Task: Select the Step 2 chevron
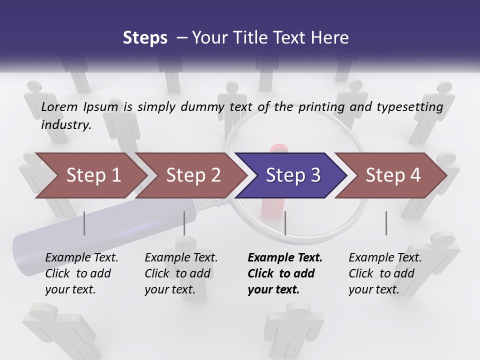(x=193, y=175)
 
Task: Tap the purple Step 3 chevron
(x=292, y=175)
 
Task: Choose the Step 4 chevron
(x=393, y=175)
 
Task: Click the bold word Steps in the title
(x=145, y=37)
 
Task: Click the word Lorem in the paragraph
(x=59, y=106)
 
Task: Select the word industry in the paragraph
(x=65, y=125)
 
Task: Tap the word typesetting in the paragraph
(x=409, y=107)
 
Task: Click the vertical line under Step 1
(x=84, y=223)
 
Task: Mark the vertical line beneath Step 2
(x=184, y=223)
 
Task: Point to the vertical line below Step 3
(x=285, y=223)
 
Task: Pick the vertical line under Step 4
(x=386, y=223)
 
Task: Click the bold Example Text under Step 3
(x=285, y=257)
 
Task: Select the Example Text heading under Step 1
(x=81, y=257)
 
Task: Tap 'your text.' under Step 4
(x=373, y=289)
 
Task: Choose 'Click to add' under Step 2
(x=177, y=273)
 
